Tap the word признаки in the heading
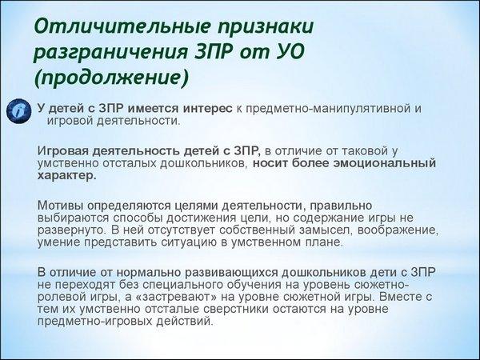coord(266,27)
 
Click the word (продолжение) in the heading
coord(111,78)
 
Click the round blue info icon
coord(19,111)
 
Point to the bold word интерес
coord(207,109)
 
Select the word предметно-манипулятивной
coord(330,110)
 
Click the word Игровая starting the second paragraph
coord(63,151)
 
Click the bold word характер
coord(66,176)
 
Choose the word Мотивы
coord(60,206)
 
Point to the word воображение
coord(398,230)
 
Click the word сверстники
coord(236,309)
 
